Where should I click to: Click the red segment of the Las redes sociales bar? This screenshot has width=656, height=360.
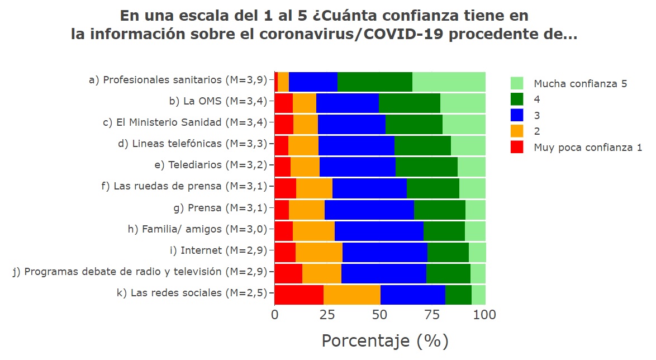pos(299,293)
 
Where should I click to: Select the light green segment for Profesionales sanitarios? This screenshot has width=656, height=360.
pos(449,81)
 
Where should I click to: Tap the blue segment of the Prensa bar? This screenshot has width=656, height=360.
pos(369,209)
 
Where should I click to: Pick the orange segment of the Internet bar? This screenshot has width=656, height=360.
pos(319,251)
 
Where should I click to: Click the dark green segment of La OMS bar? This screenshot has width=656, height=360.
pos(409,102)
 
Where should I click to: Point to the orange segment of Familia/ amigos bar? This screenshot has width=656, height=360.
pos(313,230)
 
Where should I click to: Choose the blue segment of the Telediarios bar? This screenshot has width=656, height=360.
pos(357,166)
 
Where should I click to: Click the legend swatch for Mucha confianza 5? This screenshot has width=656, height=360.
pos(517,83)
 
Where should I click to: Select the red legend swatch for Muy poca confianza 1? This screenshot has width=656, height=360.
pos(517,148)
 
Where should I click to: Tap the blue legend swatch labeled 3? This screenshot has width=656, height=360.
pos(517,116)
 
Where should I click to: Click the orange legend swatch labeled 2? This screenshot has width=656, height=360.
pos(517,132)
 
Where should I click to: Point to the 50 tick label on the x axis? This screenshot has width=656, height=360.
pos(380,315)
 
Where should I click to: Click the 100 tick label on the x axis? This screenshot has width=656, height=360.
pos(484,315)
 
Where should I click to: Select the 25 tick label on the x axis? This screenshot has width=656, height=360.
pos(327,315)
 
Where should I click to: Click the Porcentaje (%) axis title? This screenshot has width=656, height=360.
pos(384,341)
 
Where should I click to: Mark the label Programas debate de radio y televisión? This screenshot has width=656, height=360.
pos(140,272)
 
